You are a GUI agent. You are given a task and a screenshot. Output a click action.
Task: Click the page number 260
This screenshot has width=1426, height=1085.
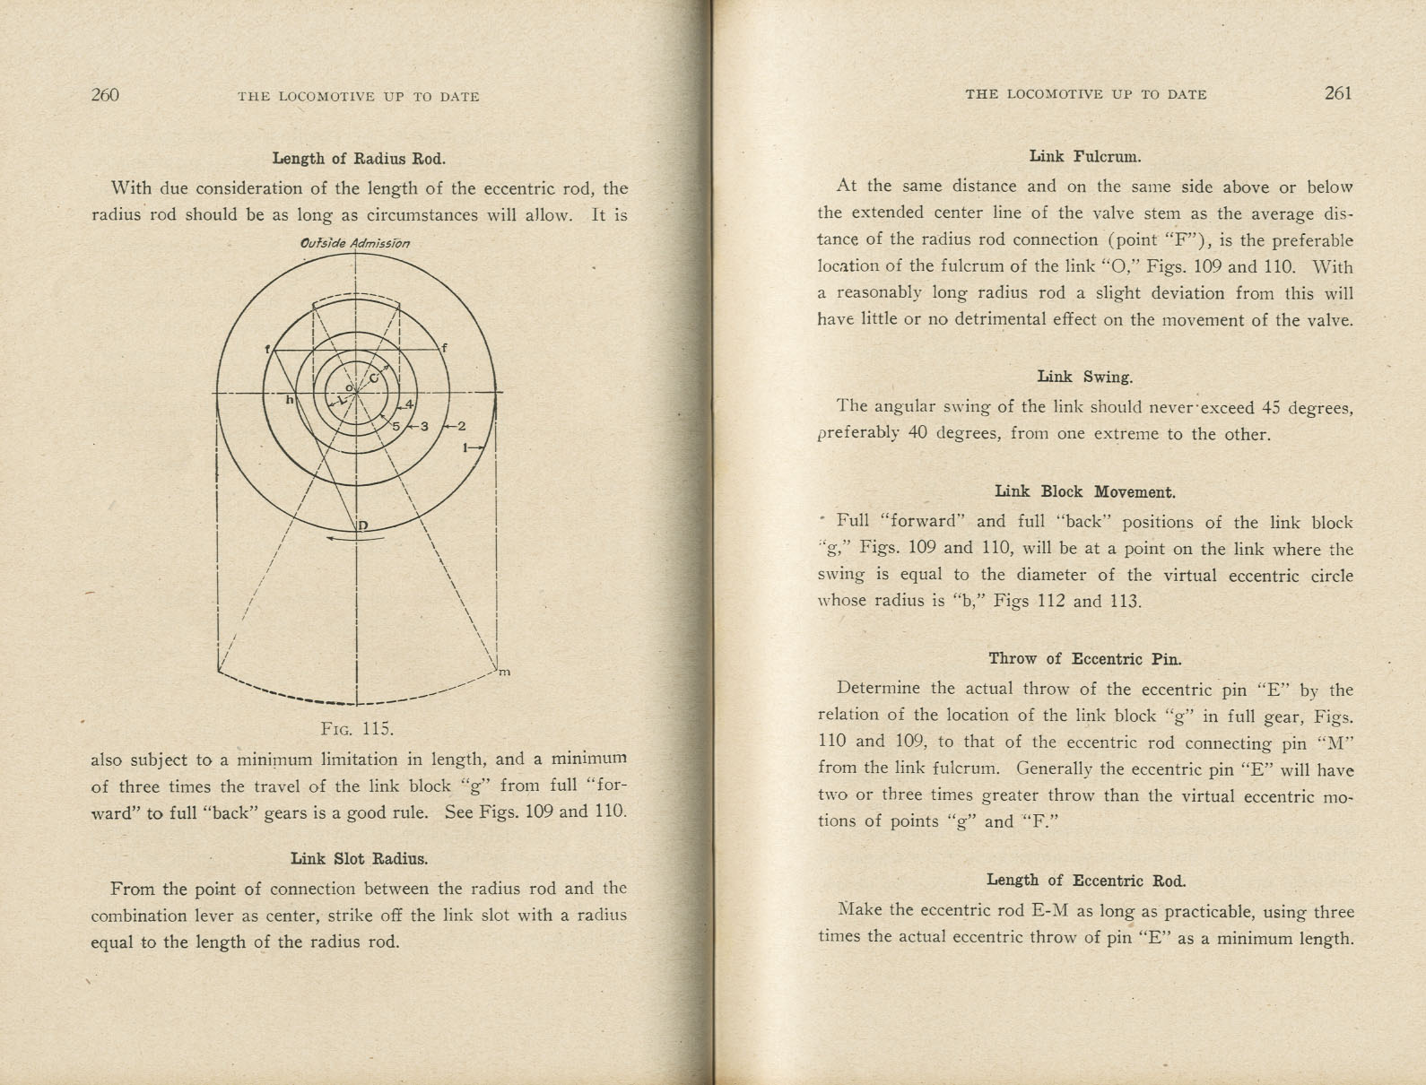tap(105, 95)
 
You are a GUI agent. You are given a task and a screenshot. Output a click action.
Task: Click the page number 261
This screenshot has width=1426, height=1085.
tap(1337, 93)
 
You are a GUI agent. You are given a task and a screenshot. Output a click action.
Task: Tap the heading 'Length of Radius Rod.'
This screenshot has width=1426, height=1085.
tap(359, 159)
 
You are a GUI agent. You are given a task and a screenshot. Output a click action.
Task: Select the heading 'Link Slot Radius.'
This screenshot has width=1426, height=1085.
tap(359, 858)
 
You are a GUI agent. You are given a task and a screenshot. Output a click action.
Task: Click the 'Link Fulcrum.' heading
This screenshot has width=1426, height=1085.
tap(1085, 157)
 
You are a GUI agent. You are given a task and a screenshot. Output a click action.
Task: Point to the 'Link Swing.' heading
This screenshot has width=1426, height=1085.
tap(1085, 377)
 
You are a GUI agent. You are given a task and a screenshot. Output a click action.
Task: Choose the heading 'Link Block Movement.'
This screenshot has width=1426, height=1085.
tap(1085, 491)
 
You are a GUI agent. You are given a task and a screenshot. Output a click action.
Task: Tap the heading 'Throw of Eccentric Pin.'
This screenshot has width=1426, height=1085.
tap(1085, 659)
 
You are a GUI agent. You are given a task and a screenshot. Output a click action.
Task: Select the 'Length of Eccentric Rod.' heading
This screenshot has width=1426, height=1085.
tap(1085, 880)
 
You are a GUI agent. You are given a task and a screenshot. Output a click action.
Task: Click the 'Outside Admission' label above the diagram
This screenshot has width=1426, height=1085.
tap(355, 243)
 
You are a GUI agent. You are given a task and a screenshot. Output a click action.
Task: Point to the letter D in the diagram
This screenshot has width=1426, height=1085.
tap(363, 525)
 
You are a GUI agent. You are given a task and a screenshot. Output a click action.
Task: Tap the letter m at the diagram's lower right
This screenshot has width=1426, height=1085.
tap(504, 672)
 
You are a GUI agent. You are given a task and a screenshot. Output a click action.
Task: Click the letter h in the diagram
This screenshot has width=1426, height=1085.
tap(289, 400)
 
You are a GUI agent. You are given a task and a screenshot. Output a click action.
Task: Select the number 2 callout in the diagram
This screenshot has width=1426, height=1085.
tap(461, 426)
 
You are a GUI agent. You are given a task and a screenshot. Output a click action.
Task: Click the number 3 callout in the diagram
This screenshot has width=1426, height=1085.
tap(424, 426)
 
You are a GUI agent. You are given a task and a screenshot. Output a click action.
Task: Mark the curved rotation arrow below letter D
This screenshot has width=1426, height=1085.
tap(356, 539)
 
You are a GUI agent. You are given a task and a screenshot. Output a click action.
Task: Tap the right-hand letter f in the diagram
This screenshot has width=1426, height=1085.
tap(443, 348)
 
